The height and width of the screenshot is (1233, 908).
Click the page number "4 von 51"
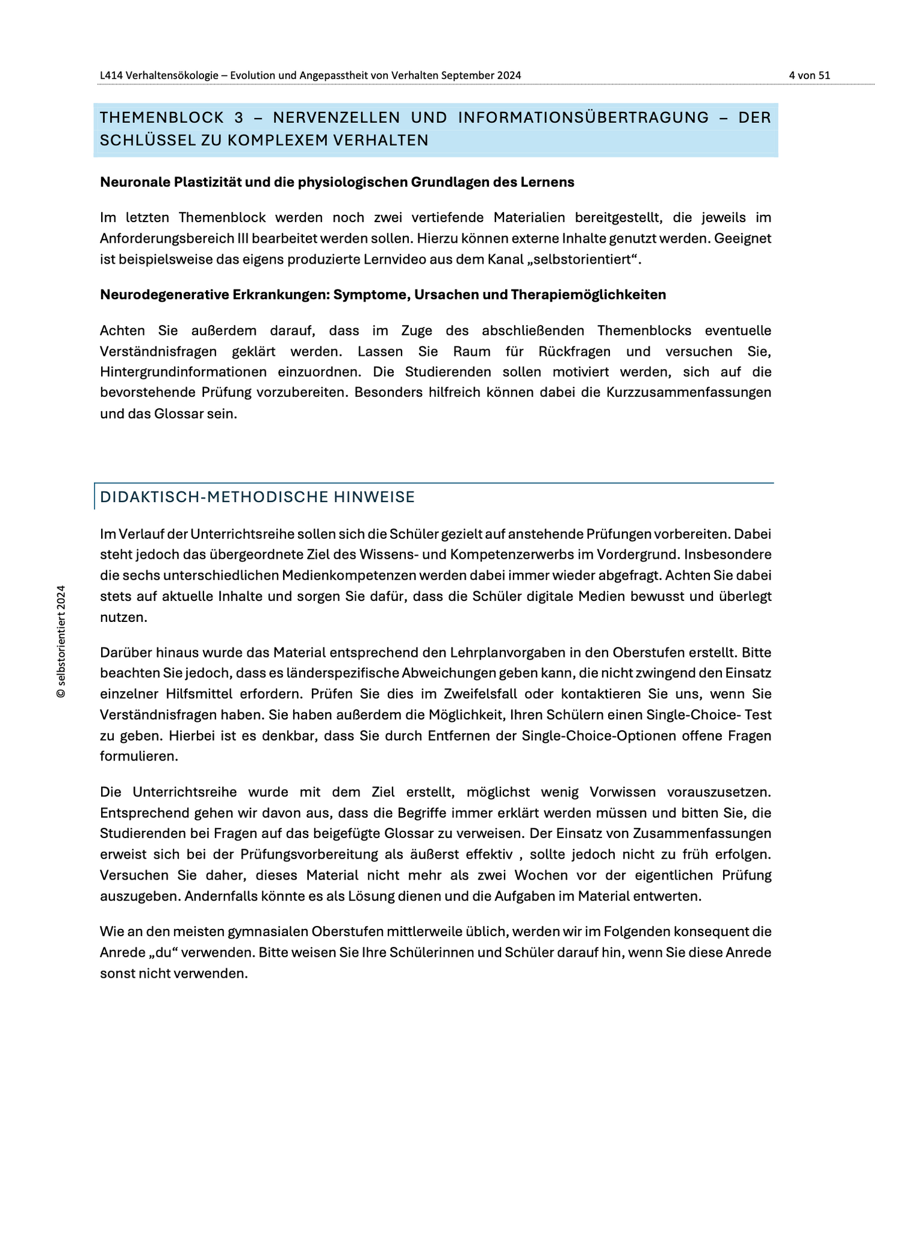pyautogui.click(x=809, y=75)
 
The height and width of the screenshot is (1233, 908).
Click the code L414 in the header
pyautogui.click(x=111, y=75)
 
